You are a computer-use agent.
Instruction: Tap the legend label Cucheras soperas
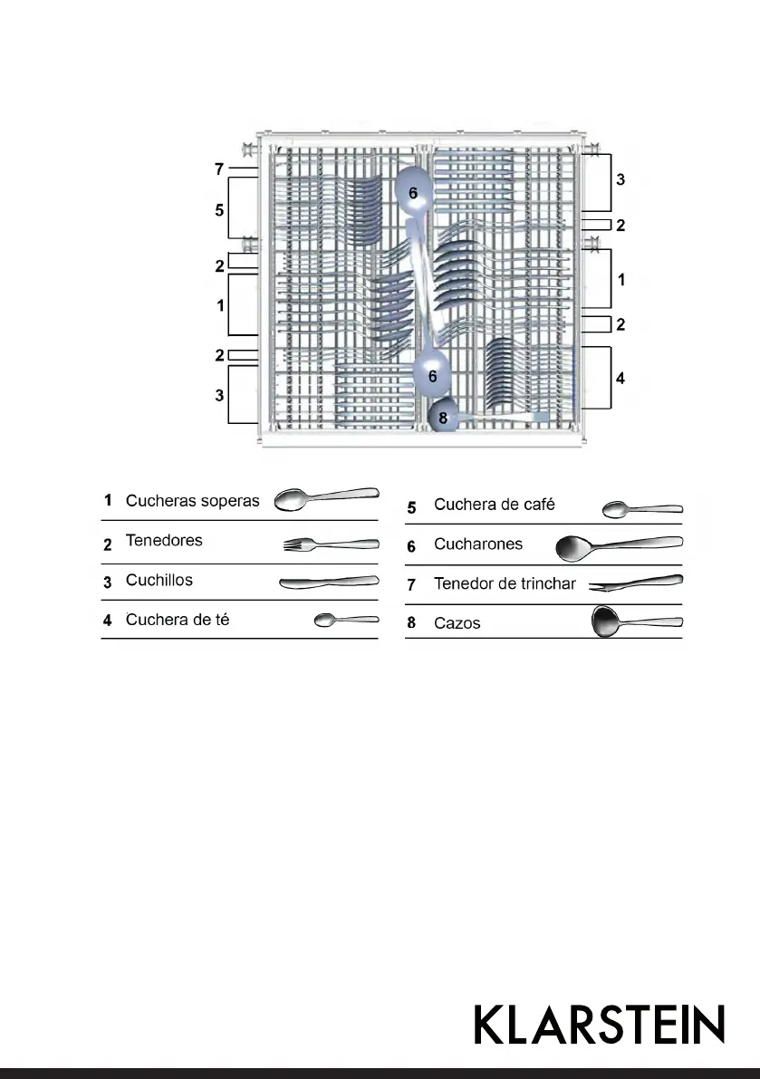192,501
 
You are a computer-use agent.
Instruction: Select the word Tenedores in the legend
164,541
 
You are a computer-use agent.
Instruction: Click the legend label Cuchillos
159,581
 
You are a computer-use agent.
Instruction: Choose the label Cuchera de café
494,505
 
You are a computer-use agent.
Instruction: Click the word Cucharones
478,545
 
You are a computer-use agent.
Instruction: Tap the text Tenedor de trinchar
505,584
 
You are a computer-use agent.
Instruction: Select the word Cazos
457,624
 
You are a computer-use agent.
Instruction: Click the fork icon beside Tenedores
331,544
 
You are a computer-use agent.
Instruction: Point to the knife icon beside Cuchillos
328,583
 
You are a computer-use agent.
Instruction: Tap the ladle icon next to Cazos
636,622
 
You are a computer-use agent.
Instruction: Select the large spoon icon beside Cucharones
619,545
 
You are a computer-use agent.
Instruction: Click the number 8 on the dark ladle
443,419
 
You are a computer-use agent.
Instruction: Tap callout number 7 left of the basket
219,169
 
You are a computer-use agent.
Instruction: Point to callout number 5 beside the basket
219,209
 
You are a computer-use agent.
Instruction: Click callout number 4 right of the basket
621,379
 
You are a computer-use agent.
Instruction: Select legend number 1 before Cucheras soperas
108,501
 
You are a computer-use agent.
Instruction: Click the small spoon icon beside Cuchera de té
345,621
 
